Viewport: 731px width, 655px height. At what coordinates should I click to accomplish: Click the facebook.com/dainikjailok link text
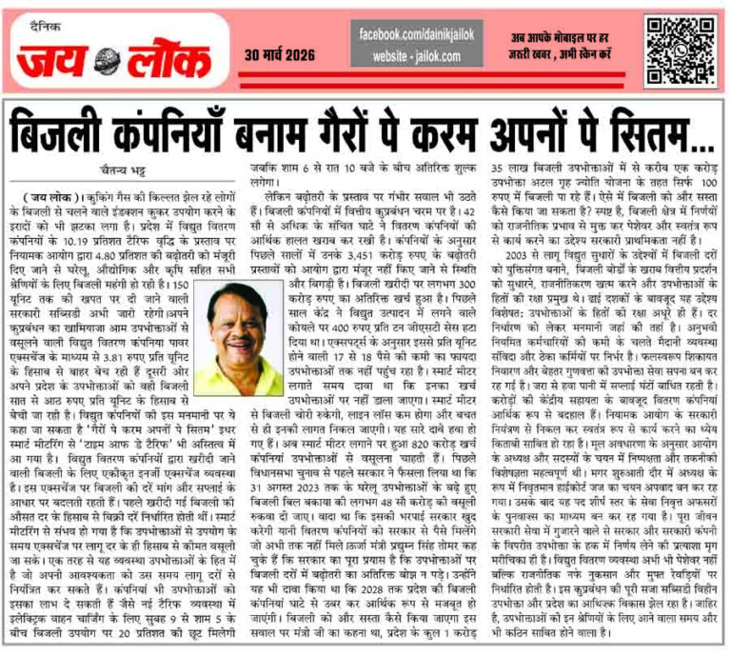coord(419,36)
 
